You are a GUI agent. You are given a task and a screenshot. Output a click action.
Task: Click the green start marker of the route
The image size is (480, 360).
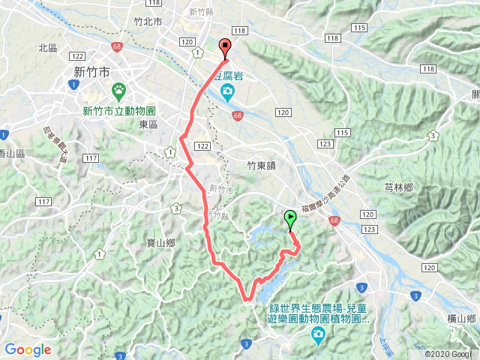pos(290,219)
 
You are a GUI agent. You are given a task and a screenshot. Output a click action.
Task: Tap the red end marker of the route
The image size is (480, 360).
pos(225,46)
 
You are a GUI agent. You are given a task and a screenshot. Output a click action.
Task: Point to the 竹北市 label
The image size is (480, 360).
pos(147,22)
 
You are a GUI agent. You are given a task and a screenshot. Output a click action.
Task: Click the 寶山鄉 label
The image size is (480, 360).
pos(160,243)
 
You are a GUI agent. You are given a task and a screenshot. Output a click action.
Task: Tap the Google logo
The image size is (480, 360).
pos(28,349)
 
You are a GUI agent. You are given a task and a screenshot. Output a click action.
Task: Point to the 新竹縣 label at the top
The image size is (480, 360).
pos(203,12)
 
